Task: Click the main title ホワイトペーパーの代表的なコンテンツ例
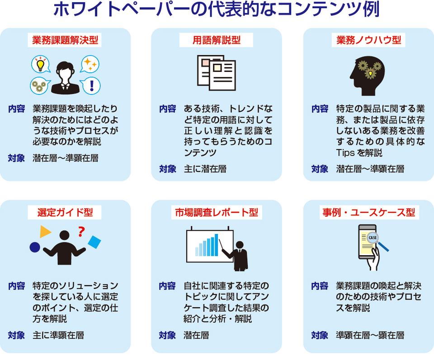point(216,9)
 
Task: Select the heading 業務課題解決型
point(65,40)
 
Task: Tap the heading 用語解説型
point(217,40)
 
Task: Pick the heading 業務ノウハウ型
point(369,40)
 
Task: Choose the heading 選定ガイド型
point(65,212)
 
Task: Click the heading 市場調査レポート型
point(217,212)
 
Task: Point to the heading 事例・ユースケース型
point(369,212)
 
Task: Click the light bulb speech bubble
point(41,64)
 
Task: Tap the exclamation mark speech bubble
point(91,85)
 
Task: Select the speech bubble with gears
point(40,86)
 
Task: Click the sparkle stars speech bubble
point(90,64)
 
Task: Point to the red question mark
point(81,232)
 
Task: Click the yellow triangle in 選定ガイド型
point(45,232)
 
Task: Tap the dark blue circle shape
point(35,247)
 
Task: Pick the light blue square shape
point(94,242)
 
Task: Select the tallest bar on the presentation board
point(217,245)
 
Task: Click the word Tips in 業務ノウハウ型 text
point(345,153)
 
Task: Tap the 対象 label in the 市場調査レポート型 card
point(167,336)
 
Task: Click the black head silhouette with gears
point(367,76)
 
